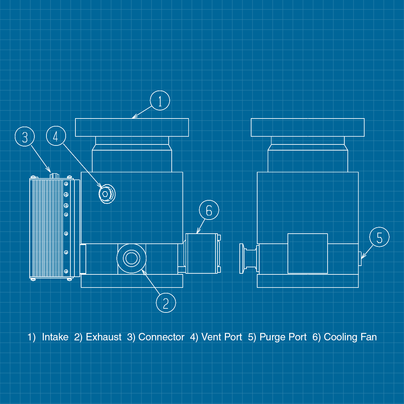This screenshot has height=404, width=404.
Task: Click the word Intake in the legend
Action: tap(55, 337)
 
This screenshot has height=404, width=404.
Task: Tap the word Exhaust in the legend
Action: tap(104, 337)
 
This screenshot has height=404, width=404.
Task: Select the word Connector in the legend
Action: tap(161, 337)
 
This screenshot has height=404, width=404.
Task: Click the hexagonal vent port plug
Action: tap(105, 194)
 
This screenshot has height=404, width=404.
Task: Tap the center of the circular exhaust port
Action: tap(131, 258)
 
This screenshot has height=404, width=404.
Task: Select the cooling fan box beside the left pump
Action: tap(201, 254)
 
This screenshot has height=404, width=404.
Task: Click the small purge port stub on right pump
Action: tap(360, 259)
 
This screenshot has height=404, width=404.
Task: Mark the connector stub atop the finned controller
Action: tap(54, 176)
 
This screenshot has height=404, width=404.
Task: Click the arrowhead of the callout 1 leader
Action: tap(133, 118)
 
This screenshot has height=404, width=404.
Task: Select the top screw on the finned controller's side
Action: tap(66, 184)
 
